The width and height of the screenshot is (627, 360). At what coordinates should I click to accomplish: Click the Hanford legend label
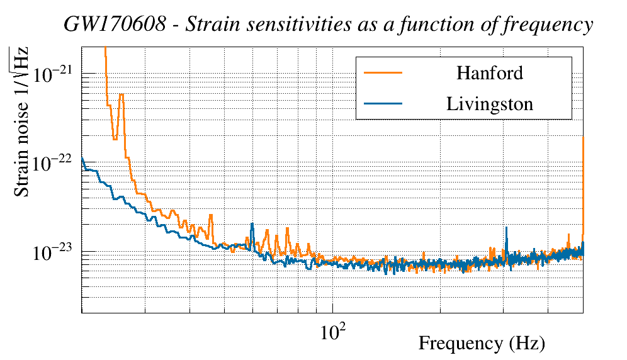(x=489, y=73)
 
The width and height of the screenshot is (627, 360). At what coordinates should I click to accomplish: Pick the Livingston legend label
(x=489, y=103)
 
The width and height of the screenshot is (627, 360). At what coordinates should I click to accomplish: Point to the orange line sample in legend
(x=383, y=73)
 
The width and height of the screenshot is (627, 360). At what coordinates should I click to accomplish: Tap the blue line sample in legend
(x=383, y=103)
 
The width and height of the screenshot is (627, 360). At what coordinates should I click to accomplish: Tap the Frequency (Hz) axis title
(x=482, y=344)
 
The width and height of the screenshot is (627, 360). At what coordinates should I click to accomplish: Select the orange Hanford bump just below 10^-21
(x=121, y=96)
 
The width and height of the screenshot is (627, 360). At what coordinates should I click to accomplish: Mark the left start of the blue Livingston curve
(x=82, y=158)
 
